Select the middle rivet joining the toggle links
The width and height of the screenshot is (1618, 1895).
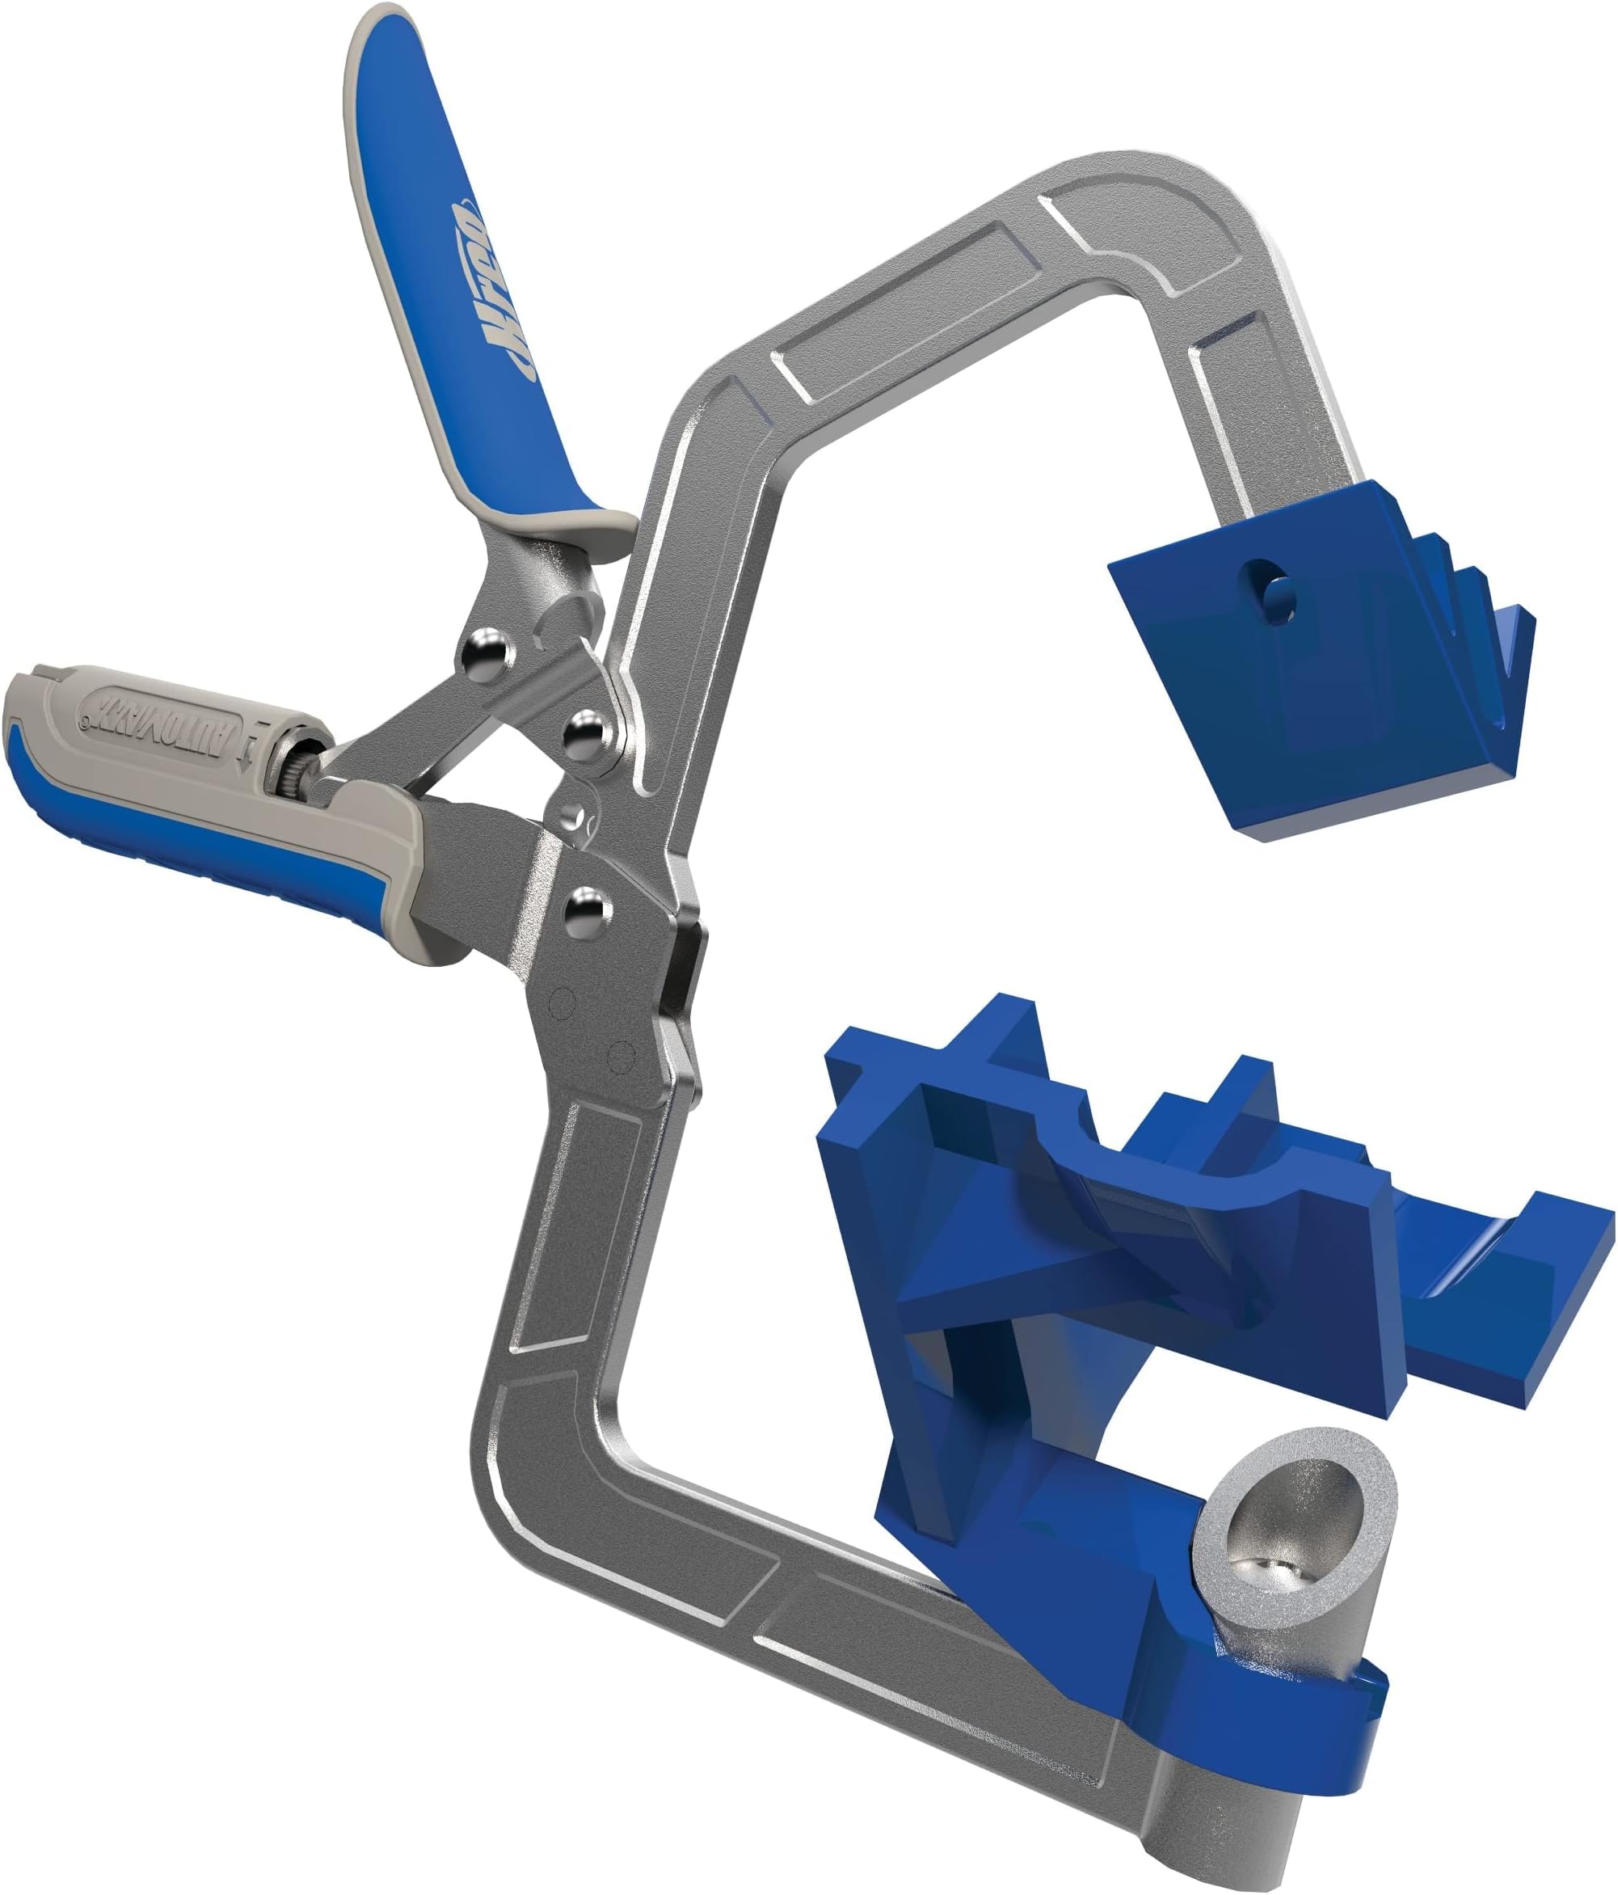click(x=586, y=732)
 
